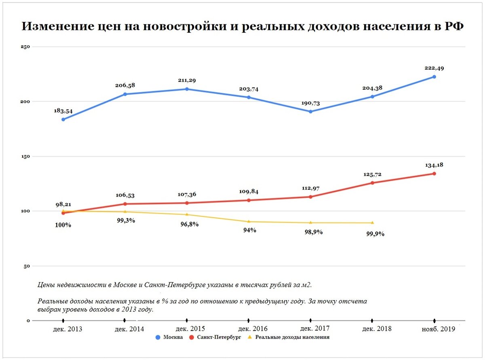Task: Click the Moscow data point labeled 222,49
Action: coord(434,76)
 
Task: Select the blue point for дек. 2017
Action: coord(310,112)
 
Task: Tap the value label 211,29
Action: coord(187,80)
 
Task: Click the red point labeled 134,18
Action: coord(434,174)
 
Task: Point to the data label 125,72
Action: coord(372,174)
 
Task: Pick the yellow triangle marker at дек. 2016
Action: coord(249,221)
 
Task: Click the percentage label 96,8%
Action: coord(189,224)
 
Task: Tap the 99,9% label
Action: coord(375,233)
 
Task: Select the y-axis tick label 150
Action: coord(25,156)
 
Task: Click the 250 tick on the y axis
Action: coord(25,47)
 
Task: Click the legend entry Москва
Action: coord(173,337)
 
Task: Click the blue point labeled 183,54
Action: coord(63,119)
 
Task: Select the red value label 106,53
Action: coord(126,195)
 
